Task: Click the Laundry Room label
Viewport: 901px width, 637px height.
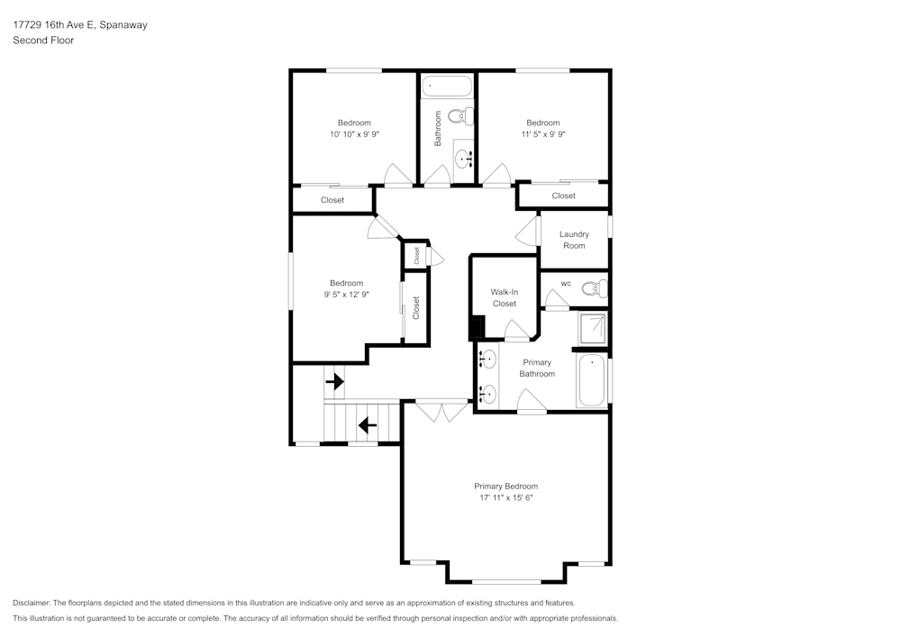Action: pos(574,240)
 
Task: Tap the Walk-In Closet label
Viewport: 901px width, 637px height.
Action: pos(504,298)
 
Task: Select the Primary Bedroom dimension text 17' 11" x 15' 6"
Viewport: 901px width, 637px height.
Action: pos(508,497)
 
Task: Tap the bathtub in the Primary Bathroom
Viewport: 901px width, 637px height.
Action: pos(592,379)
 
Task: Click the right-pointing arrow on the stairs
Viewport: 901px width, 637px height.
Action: pos(334,382)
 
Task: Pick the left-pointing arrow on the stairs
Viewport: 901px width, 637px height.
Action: pos(367,423)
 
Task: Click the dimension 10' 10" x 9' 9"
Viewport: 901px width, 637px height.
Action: pos(354,134)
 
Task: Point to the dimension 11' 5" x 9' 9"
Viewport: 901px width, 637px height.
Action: pos(542,134)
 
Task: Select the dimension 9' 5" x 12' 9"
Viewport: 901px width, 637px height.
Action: pos(346,294)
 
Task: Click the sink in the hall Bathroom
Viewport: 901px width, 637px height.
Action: pos(464,160)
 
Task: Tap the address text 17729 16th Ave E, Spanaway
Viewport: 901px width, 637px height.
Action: pos(80,25)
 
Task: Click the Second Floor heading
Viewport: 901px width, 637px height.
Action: pos(43,41)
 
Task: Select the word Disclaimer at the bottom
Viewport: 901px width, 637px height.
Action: pos(33,603)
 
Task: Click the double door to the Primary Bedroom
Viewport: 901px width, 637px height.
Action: pos(441,412)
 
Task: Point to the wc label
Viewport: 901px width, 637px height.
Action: pos(566,284)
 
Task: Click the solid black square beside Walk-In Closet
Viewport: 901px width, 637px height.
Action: pos(477,328)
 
